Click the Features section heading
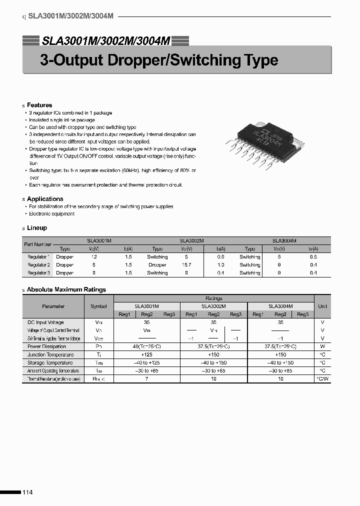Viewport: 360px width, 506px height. pyautogui.click(x=39, y=105)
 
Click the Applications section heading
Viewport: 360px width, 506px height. pyautogui.click(x=45, y=199)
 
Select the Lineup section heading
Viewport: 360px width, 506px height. pyautogui.click(x=37, y=227)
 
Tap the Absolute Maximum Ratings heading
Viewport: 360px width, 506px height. pyautogui.click(x=66, y=289)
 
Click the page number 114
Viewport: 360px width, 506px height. pyautogui.click(x=27, y=492)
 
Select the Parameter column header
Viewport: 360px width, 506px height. pyautogui.click(x=53, y=306)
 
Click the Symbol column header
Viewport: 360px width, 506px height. pyautogui.click(x=98, y=306)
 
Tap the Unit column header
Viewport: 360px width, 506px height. pyautogui.click(x=322, y=306)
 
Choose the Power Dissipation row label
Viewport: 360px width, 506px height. pyautogui.click(x=46, y=346)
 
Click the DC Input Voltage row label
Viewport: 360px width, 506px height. pyautogui.click(x=46, y=322)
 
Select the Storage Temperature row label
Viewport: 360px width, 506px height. pyautogui.click(x=49, y=362)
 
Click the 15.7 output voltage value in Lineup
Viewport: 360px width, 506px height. pyautogui.click(x=186, y=264)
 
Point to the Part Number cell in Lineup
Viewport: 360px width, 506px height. pyautogui.click(x=37, y=244)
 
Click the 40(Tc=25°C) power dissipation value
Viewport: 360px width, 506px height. pyautogui.click(x=147, y=346)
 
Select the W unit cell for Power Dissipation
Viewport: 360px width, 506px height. pyautogui.click(x=322, y=346)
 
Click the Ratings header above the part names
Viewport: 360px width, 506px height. pyautogui.click(x=214, y=298)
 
